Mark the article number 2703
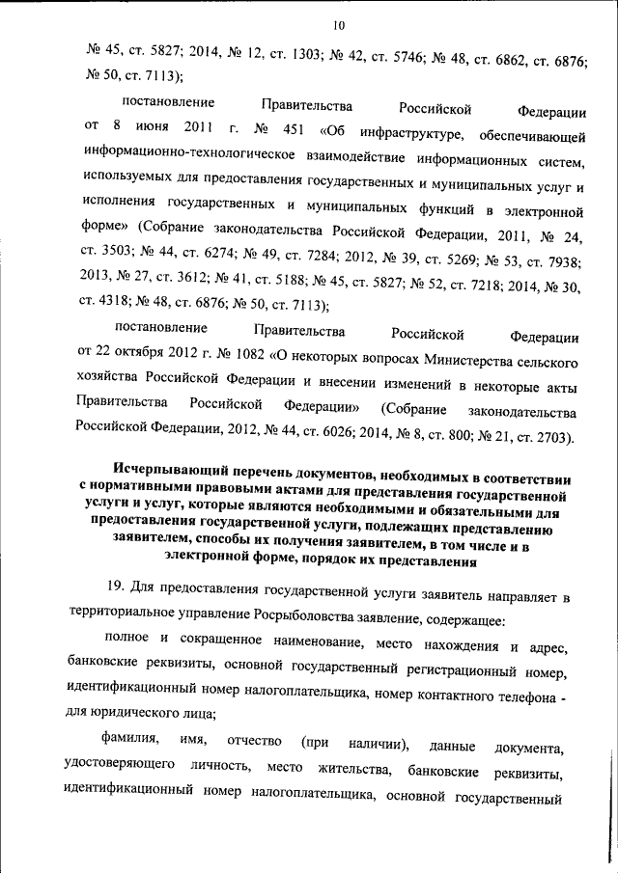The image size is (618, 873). coord(548,437)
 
